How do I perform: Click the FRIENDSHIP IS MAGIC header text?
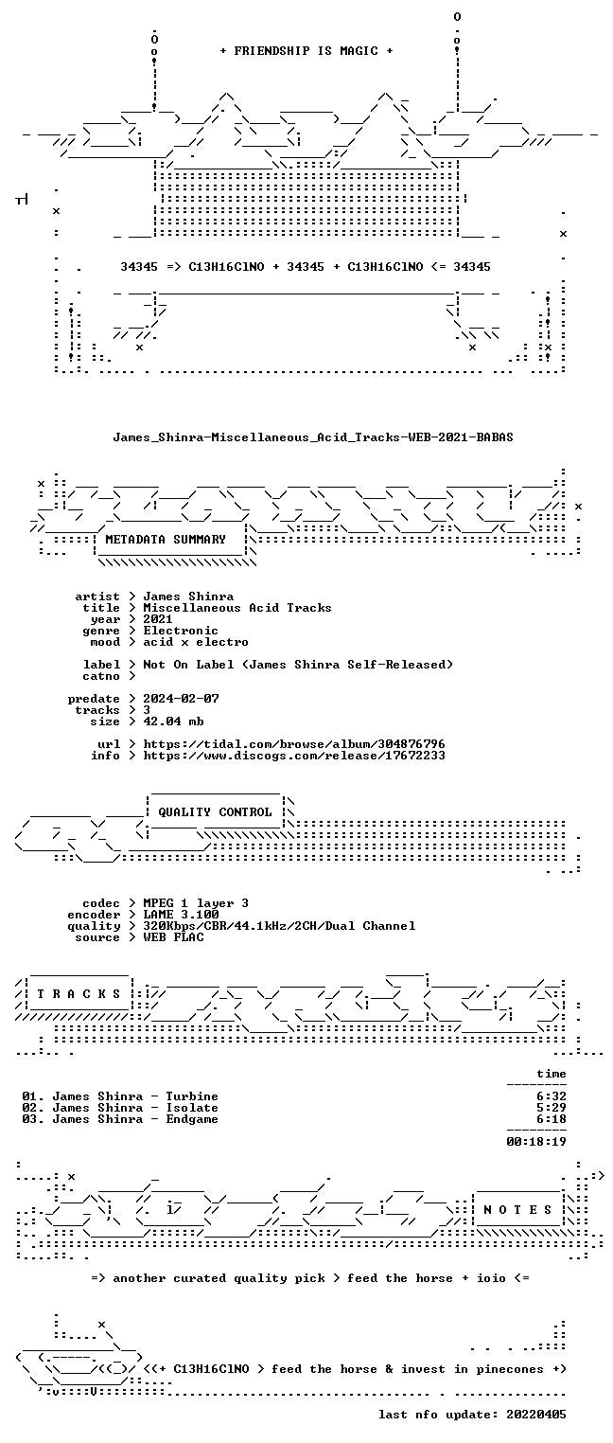tap(306, 51)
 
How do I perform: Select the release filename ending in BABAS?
tap(313, 437)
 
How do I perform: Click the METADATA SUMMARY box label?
tap(166, 539)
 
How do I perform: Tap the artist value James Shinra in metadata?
tap(188, 597)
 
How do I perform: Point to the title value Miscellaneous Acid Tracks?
tap(236, 608)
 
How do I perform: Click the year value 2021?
tap(158, 619)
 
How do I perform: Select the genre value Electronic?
tap(181, 631)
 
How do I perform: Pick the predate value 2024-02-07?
tap(181, 699)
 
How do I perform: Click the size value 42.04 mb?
tap(173, 721)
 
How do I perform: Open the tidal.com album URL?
tap(293, 744)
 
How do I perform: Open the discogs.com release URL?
tap(293, 756)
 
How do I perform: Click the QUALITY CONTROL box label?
tap(215, 812)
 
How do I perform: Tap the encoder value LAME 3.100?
tap(181, 915)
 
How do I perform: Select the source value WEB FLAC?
tap(173, 937)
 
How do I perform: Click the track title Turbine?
tap(192, 1096)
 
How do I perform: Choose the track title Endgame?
tap(192, 1119)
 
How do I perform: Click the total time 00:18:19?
tap(536, 1142)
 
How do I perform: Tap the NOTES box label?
tap(517, 1210)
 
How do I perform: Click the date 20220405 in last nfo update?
tap(536, 1415)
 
